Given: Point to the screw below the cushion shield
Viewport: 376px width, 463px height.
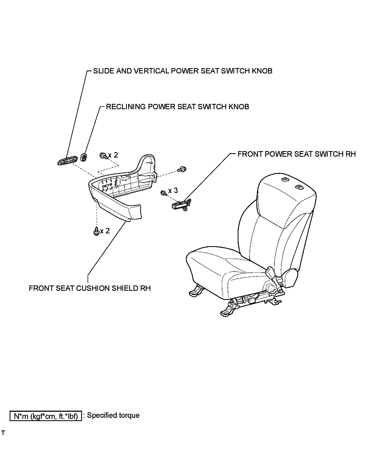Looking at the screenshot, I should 96,231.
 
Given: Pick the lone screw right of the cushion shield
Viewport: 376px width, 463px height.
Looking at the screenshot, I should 183,169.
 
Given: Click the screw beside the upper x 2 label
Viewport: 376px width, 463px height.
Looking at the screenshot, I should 103,155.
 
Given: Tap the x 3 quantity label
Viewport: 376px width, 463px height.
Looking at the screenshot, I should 173,191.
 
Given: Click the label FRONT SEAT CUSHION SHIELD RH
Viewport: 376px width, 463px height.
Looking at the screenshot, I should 90,288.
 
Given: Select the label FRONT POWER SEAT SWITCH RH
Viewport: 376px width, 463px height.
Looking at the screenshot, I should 296,154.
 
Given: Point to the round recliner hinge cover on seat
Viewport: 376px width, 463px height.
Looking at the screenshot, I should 291,278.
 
